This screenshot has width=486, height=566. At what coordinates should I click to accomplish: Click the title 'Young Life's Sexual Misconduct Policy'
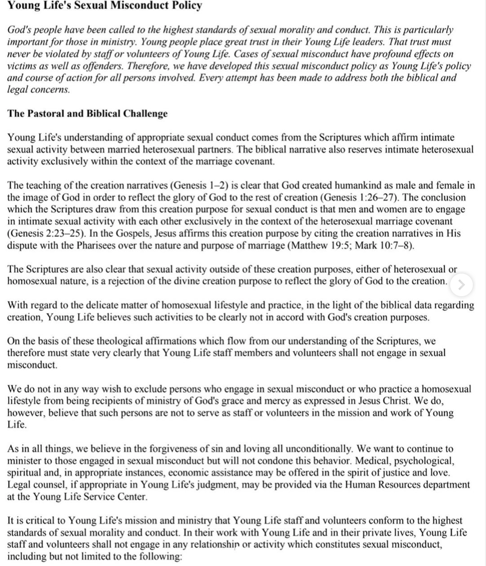tap(105, 6)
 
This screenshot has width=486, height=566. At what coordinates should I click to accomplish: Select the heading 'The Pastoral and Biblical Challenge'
tap(87, 114)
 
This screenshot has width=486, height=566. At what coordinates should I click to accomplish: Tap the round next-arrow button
tap(462, 284)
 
